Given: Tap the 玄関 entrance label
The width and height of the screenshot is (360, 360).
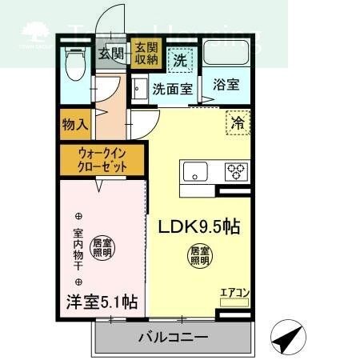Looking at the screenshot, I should (110, 54).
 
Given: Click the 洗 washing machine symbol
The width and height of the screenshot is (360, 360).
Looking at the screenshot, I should (181, 58).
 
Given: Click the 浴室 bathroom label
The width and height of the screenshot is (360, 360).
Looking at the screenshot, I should (226, 87).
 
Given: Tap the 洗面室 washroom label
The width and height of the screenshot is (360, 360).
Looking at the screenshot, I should (172, 89).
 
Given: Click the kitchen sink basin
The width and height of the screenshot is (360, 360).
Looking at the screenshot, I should (194, 170).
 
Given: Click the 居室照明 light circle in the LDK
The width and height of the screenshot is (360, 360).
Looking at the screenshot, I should (199, 255).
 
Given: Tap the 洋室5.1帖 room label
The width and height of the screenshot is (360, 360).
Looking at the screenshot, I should (101, 302).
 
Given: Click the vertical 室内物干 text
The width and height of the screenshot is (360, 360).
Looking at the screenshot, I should (78, 250).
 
